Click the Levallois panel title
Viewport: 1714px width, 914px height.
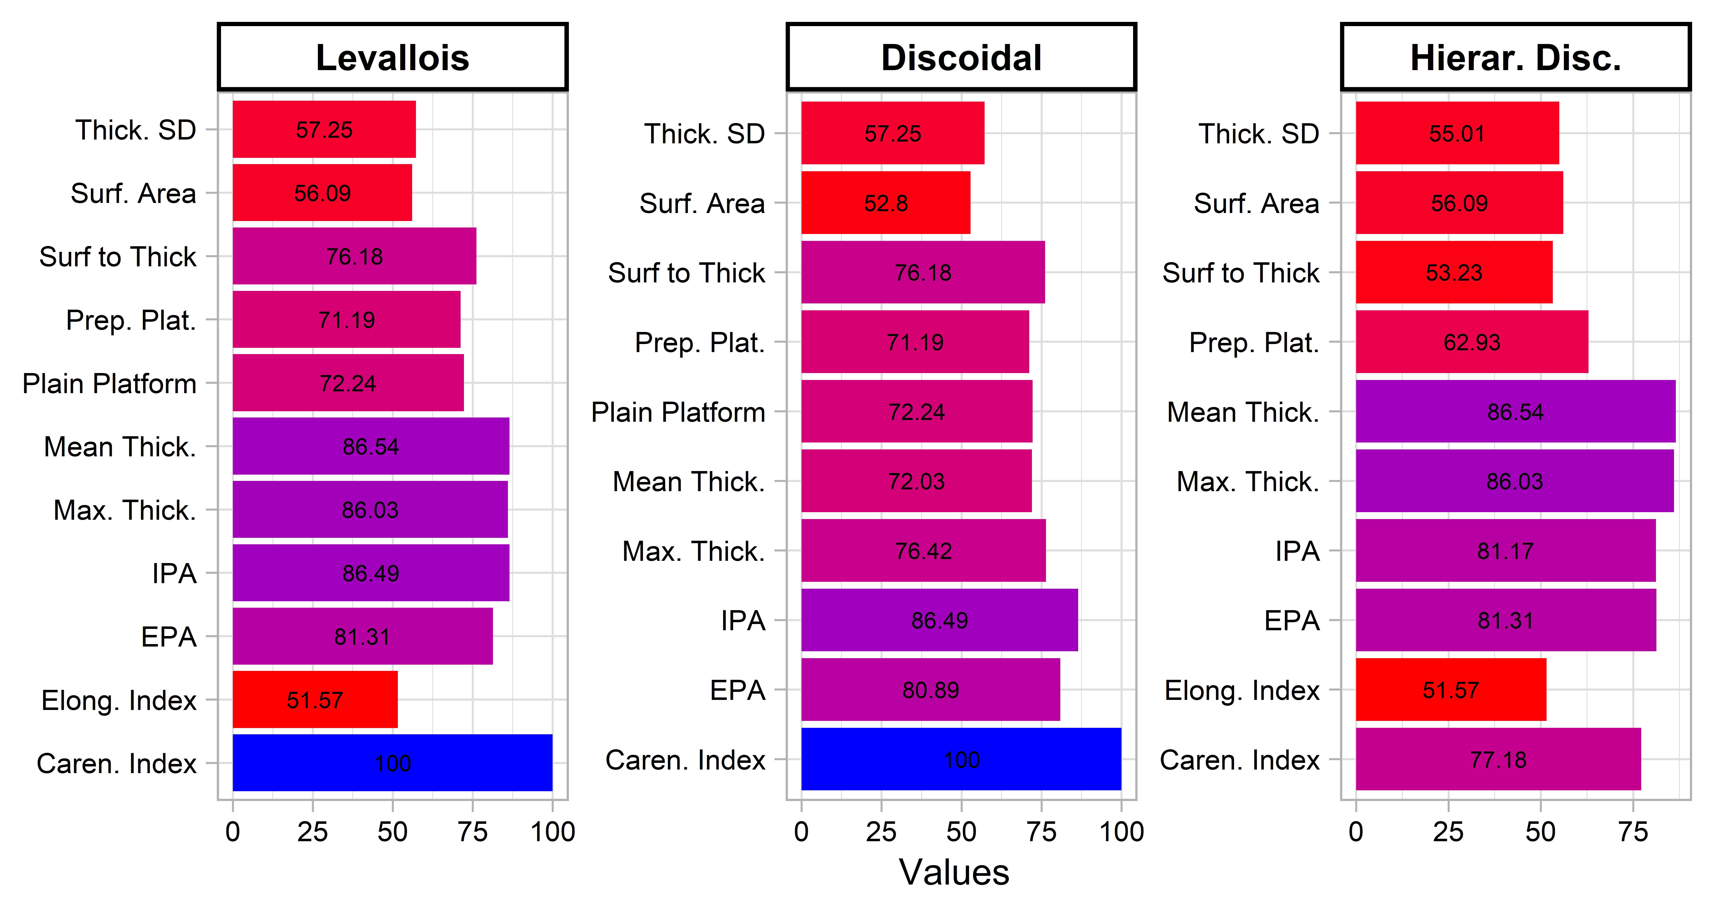[x=392, y=58]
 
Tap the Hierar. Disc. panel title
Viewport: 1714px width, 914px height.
[x=1516, y=58]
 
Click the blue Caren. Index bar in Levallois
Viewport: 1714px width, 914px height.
[x=392, y=763]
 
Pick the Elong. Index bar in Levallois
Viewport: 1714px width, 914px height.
[x=315, y=700]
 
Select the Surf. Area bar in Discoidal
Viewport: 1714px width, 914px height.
[x=886, y=203]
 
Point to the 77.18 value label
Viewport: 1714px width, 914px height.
[x=1498, y=760]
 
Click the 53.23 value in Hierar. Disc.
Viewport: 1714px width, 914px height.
[x=1455, y=273]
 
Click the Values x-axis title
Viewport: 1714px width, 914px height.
[x=954, y=872]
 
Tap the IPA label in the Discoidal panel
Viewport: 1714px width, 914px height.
[x=743, y=621]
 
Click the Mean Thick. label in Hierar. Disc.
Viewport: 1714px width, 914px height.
[x=1243, y=412]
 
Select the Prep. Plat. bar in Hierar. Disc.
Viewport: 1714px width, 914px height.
[x=1472, y=342]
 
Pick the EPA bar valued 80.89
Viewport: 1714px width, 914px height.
[x=931, y=690]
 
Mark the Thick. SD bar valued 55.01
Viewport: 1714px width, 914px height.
[x=1457, y=133]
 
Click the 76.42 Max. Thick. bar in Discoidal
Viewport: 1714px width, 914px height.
[x=924, y=551]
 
